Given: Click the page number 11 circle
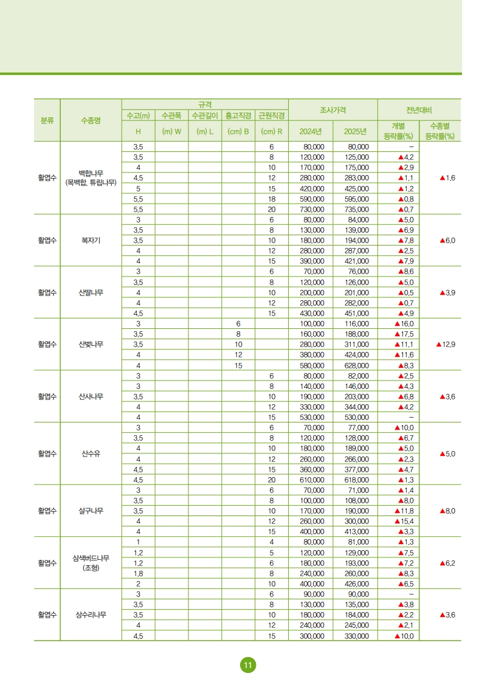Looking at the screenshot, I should [248, 665].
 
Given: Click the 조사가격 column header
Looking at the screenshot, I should [333, 110].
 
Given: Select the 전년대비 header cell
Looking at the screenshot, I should [419, 110].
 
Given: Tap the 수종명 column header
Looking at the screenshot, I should [91, 120].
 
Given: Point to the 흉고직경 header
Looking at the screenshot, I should [238, 115].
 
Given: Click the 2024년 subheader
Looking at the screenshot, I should [311, 131].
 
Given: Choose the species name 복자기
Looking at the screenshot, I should [91, 240].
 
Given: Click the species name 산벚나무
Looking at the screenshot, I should [91, 344].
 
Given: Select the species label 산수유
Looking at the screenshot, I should [91, 453].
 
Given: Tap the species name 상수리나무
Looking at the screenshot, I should [91, 615].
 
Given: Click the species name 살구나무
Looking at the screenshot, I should [91, 511].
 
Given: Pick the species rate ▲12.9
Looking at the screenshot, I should [446, 344].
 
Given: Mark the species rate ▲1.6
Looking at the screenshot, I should [447, 178].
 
